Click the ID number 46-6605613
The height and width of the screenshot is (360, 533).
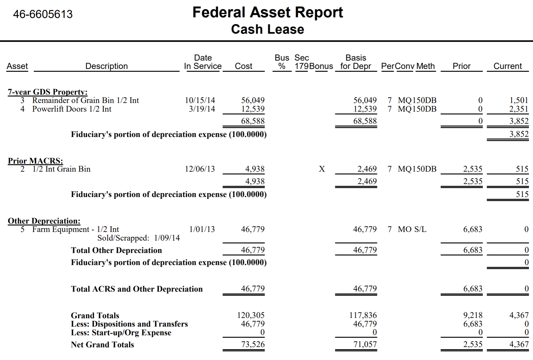click(43, 14)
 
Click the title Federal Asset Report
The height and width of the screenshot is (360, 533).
click(268, 12)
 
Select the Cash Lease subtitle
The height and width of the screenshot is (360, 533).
click(268, 29)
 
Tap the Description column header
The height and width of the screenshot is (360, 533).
click(106, 66)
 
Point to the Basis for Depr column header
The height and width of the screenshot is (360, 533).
click(356, 62)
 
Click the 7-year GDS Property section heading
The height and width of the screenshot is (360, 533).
click(48, 92)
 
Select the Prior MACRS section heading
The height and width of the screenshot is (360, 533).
click(35, 161)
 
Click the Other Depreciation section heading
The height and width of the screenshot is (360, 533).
click(44, 221)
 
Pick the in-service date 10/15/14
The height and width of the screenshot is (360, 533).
click(200, 100)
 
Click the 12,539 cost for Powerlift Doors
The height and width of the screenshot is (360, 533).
click(253, 109)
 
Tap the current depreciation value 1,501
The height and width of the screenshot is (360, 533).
click(519, 100)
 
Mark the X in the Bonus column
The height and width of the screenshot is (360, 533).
click(322, 169)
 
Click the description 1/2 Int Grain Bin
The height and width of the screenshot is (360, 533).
click(61, 169)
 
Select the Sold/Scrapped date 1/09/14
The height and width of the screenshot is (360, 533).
click(167, 238)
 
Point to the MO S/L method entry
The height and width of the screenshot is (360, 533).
click(412, 229)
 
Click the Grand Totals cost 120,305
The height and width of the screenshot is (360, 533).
click(251, 315)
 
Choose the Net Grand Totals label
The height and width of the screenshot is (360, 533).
click(102, 345)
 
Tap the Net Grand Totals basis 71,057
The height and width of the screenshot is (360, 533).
click(365, 344)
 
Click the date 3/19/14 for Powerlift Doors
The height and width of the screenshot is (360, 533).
click(202, 109)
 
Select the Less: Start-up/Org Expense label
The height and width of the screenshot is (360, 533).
click(121, 333)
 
